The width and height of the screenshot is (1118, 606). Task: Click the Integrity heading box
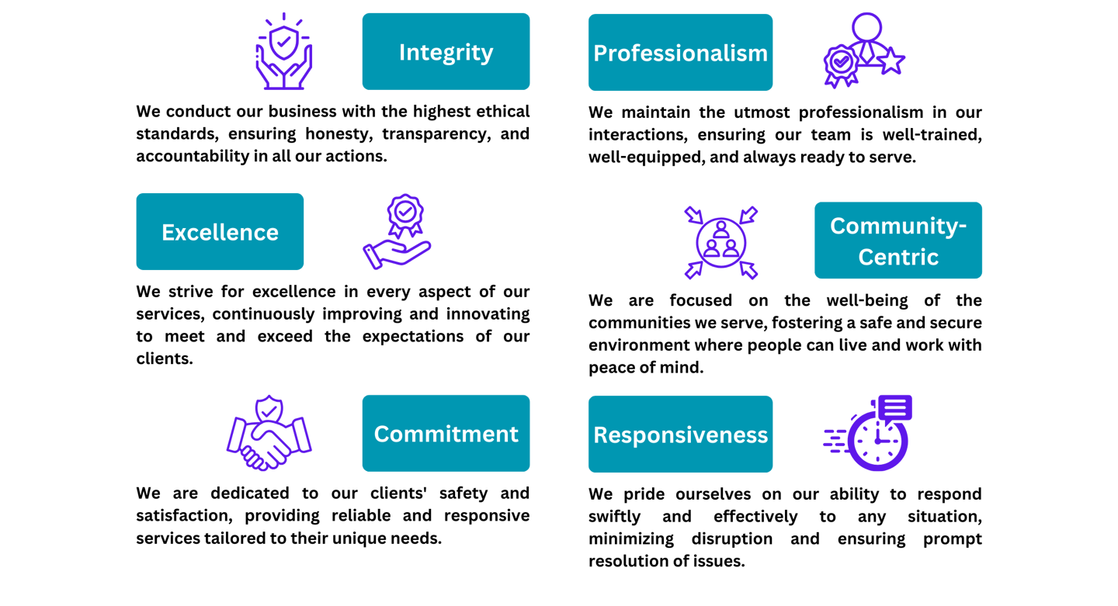[446, 51]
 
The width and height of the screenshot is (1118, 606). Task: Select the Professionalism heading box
[680, 52]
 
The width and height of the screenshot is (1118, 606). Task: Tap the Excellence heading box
[220, 231]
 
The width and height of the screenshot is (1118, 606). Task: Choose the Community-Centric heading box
[898, 241]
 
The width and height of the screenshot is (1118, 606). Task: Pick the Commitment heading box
[446, 433]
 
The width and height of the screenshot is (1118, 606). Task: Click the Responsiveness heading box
[680, 435]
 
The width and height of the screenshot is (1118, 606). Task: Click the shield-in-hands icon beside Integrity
[284, 52]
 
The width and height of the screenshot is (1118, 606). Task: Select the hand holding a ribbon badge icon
[397, 231]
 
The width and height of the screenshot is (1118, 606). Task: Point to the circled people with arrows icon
[721, 242]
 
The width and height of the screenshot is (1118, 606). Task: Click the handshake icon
[269, 435]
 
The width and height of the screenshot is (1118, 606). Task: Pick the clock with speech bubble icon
[870, 433]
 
